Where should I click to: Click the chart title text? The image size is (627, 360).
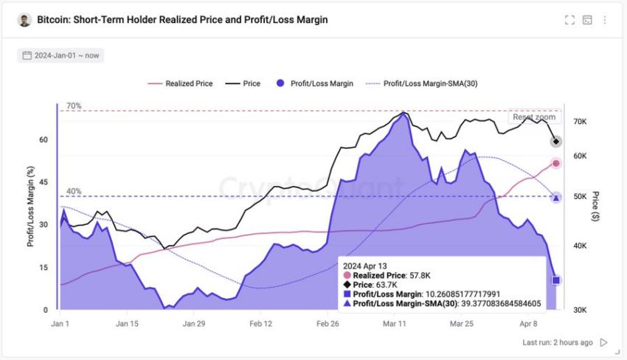182,20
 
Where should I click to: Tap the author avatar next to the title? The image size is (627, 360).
24,20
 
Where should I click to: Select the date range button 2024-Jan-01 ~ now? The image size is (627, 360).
60,55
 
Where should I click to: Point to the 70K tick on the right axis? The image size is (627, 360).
579,122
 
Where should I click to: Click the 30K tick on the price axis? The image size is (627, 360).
579,310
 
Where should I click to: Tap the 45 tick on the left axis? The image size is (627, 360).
43,182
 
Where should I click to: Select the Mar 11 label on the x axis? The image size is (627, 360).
395,324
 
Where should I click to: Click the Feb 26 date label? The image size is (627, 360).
328,324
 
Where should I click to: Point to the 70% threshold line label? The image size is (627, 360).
74,106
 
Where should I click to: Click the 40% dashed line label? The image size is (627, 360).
74,192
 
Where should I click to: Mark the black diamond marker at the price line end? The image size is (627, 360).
556,142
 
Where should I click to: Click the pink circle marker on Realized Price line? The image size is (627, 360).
556,163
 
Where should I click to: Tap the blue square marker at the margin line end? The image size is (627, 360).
556,280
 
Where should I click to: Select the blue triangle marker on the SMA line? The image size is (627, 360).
556,197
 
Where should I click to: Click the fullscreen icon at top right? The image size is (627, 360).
569,20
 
